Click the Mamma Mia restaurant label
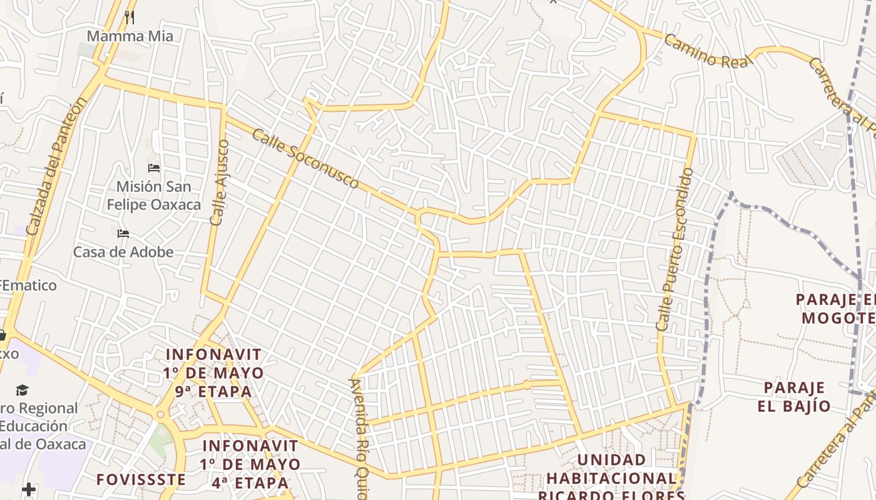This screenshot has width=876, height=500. point(130,36)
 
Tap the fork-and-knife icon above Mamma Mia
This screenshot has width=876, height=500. point(130,17)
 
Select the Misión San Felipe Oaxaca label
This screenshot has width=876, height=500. point(153,195)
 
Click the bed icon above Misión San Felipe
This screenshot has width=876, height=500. point(154,168)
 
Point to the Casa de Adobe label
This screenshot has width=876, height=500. point(123,252)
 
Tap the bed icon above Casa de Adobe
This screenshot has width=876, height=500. point(123,234)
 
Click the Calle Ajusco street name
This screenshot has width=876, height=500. point(220,182)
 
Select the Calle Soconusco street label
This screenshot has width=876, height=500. point(306,158)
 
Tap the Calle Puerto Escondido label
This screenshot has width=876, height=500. point(675,249)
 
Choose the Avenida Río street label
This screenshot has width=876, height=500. point(357,437)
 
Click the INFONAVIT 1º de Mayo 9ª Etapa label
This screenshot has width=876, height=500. point(213,372)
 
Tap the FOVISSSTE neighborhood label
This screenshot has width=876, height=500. point(141,479)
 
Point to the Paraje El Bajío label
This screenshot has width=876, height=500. point(794,397)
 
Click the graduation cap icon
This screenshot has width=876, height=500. point(23,390)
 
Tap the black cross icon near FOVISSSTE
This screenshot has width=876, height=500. point(29,489)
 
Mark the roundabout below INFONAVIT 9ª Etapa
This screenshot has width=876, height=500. point(161,414)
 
